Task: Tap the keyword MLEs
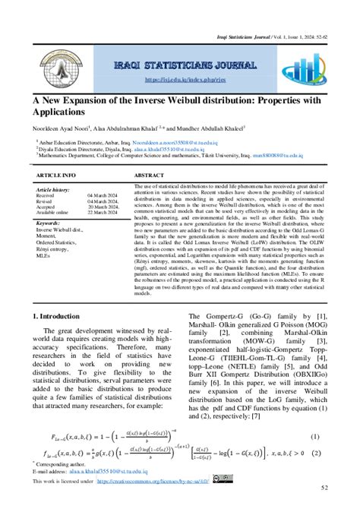tap(45, 254)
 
